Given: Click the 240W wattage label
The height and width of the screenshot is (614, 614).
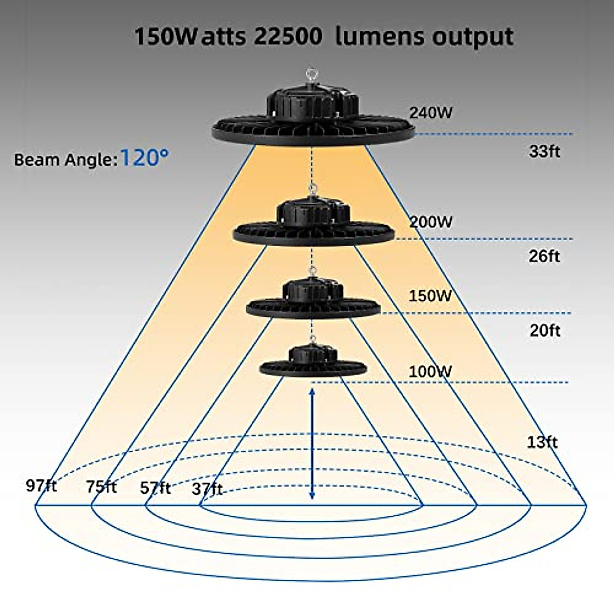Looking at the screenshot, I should click(x=431, y=113).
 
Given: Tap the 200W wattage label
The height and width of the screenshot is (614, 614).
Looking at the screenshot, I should click(x=431, y=222).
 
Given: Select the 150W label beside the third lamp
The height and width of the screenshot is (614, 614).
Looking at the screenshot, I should click(x=430, y=296).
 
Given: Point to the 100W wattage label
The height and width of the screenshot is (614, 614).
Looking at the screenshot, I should click(x=430, y=371).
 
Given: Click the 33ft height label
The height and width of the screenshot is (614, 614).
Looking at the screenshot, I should click(x=544, y=151).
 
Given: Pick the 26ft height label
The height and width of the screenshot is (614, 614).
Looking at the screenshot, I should click(x=544, y=256).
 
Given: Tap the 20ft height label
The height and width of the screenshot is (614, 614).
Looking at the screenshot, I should click(x=545, y=331).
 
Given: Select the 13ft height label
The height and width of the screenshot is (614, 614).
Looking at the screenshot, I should click(x=542, y=442).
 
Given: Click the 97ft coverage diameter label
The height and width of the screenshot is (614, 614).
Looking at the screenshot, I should click(x=41, y=486).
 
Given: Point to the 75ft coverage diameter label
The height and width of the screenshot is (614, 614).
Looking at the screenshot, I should click(x=101, y=487).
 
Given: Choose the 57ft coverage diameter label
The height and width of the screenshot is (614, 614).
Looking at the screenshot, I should click(x=155, y=488).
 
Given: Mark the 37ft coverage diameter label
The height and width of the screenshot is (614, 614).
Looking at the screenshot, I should click(x=207, y=489).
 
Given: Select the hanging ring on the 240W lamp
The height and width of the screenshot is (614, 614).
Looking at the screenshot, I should click(x=312, y=75).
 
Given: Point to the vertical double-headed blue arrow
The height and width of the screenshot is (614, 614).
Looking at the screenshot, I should click(x=312, y=444).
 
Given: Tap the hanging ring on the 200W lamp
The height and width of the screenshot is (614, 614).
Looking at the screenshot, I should click(x=312, y=190).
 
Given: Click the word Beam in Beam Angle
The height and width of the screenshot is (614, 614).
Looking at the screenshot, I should click(x=34, y=160).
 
